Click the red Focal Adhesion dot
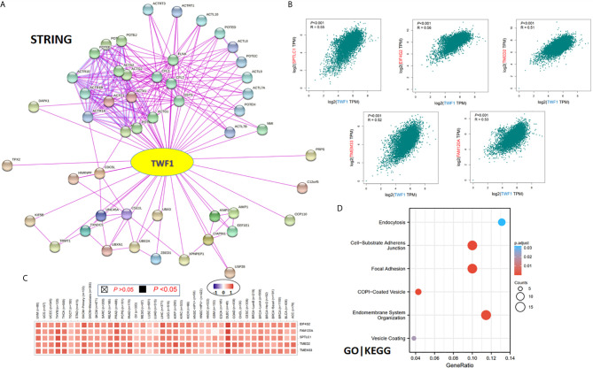472,268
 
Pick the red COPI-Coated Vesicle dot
417,291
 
